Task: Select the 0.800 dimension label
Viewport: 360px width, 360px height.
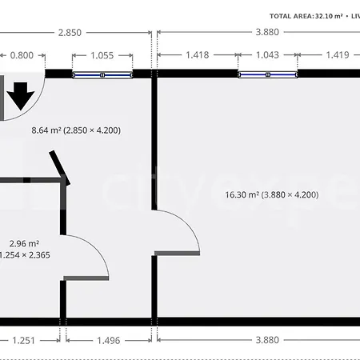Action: tap(22, 55)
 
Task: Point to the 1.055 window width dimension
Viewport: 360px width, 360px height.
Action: tap(103, 55)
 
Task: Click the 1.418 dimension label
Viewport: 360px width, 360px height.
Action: tap(196, 55)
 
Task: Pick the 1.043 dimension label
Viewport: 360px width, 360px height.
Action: tap(268, 55)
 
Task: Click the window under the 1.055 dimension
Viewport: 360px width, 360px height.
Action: tap(103, 74)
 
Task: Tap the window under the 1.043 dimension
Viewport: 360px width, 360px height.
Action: tap(268, 74)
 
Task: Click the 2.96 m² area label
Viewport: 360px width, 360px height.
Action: tap(24, 243)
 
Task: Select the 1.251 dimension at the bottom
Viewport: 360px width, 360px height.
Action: tap(24, 340)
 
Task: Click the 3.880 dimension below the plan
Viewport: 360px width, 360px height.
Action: tap(267, 340)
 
